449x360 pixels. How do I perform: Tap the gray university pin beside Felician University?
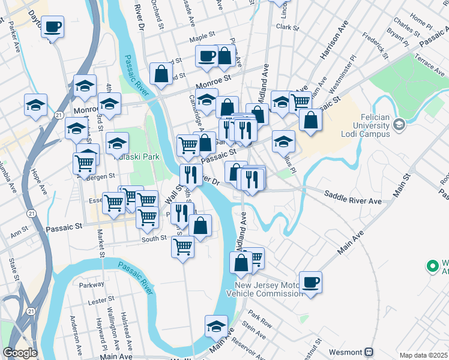398,125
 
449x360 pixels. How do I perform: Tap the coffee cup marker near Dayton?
53,27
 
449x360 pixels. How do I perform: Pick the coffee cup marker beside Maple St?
206,56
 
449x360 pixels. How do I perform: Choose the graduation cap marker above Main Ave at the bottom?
215,326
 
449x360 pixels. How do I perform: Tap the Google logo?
20,353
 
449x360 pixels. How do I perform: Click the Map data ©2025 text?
423,355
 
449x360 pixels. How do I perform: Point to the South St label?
154,238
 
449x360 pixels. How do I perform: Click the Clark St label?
288,27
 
